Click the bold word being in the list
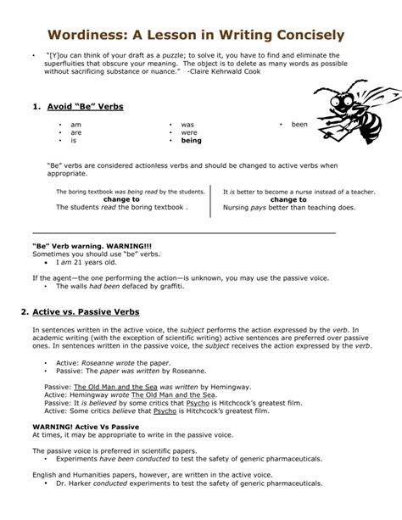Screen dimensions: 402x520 coord(192,141)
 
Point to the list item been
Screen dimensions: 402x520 coord(299,124)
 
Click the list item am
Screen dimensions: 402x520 coord(75,124)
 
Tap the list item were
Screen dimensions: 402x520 coord(188,132)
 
